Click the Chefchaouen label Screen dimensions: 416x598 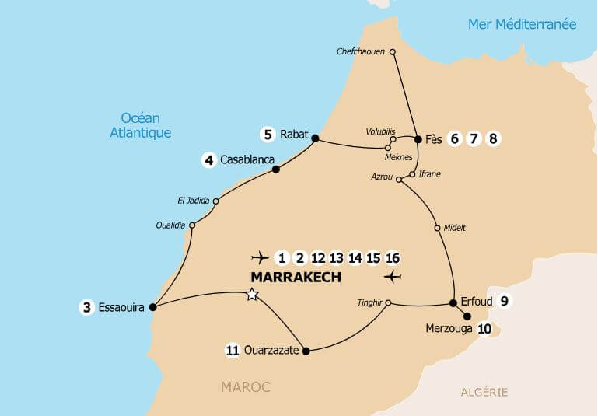point(361,52)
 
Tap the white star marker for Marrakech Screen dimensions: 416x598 point(251,294)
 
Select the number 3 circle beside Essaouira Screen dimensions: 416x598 point(86,307)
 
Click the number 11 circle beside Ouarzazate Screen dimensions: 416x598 point(232,351)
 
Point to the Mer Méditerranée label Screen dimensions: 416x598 point(522,24)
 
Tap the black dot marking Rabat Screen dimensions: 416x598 point(315,138)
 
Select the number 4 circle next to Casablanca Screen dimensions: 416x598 point(208,160)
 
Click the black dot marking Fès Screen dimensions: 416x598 point(418,139)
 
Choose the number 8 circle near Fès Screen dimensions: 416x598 point(492,139)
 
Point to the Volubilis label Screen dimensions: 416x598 point(381,131)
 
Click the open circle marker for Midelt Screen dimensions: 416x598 point(437,229)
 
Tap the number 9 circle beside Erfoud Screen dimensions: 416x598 point(505,302)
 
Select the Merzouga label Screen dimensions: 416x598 point(449,329)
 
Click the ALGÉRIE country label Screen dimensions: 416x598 point(484,392)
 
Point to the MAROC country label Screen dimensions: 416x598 point(245,386)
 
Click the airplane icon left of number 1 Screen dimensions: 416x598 point(261,257)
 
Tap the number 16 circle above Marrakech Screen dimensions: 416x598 point(393,257)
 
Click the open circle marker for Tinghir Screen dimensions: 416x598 point(388,303)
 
